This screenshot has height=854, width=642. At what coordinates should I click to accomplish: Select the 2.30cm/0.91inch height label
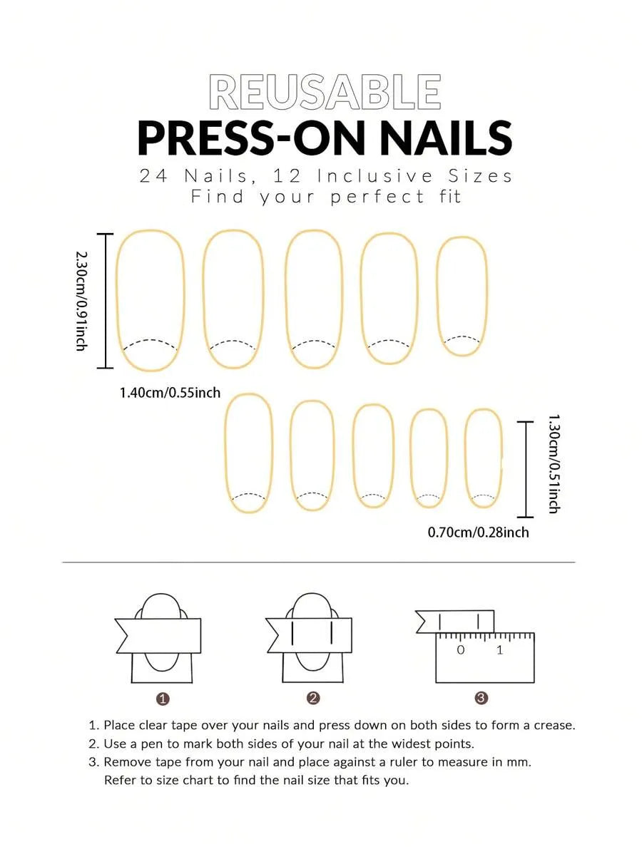[x=81, y=301]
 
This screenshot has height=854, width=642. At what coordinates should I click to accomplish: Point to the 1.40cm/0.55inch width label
[x=170, y=392]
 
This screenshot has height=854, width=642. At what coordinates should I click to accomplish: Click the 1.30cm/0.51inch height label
[x=553, y=463]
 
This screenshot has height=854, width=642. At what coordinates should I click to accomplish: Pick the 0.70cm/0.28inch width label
[x=478, y=532]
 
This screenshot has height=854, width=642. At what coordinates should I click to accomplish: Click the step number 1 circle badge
[x=163, y=699]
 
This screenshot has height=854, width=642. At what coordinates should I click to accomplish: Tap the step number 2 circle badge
[x=313, y=698]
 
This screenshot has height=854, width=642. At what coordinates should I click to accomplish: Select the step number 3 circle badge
[x=481, y=698]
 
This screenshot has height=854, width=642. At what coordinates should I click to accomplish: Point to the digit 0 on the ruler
[x=461, y=649]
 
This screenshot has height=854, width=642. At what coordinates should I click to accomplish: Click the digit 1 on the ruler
[x=499, y=649]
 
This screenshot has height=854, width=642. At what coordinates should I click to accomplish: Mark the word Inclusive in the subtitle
[x=375, y=176]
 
